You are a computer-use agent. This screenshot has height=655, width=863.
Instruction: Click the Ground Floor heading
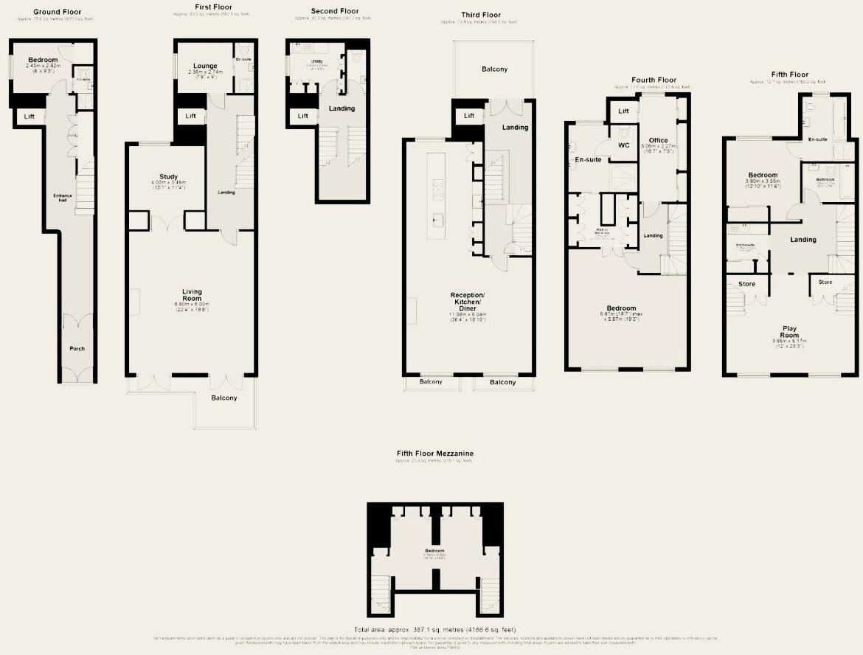[x=58, y=12]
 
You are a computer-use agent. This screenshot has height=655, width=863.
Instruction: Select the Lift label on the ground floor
[x=30, y=117]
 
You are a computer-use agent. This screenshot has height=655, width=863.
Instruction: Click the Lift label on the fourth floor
[x=623, y=111]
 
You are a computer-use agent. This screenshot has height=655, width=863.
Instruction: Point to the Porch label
[x=77, y=349]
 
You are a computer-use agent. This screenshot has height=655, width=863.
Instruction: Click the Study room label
[x=169, y=177]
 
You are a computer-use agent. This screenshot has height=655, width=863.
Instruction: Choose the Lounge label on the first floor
[x=205, y=66]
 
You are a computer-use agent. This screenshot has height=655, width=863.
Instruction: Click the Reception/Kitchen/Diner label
[x=466, y=302]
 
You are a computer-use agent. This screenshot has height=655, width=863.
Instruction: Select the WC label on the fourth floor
[x=623, y=145]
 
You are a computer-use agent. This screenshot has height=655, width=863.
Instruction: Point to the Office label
[x=658, y=140]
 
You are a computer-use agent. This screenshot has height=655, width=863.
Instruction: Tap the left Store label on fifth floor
[x=746, y=284]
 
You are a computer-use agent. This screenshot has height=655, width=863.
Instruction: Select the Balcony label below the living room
[x=224, y=398]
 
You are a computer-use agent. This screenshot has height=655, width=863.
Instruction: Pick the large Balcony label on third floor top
[x=494, y=69]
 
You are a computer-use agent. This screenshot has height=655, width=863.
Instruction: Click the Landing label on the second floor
[x=342, y=108]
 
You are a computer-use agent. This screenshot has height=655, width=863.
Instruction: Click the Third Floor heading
[x=481, y=15]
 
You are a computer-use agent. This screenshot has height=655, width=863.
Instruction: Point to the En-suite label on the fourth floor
[x=589, y=159]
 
